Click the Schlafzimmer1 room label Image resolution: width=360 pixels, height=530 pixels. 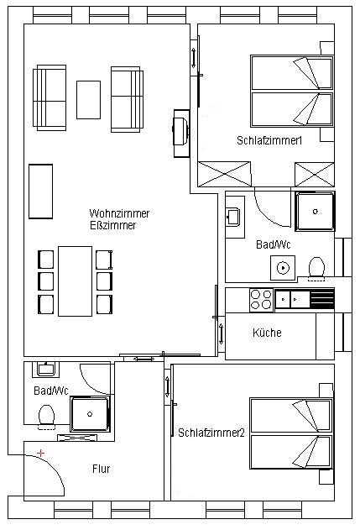269,140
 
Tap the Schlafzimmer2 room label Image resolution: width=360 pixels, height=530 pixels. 211,433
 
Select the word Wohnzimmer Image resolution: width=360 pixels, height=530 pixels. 119,213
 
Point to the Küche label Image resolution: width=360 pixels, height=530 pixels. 267,333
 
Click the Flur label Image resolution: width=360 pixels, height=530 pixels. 101,469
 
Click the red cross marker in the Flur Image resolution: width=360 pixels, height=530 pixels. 40,453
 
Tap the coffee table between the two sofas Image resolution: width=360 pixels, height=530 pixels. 88,100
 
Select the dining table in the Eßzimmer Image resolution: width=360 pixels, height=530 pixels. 75,281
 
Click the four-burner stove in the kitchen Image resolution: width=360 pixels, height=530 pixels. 261,300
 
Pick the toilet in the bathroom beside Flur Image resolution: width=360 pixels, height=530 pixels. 47,417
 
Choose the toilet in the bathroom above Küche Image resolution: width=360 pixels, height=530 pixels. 316,269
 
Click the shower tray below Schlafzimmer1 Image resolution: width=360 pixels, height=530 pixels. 315,212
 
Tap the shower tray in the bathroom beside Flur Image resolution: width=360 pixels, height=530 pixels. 90,414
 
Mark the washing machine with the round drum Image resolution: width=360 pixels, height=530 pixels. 283,268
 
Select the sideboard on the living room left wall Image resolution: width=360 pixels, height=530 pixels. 40,192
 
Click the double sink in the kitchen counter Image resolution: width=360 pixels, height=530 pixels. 293,300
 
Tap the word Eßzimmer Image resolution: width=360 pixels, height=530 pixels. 112,225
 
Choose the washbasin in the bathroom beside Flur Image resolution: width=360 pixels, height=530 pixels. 45,369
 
